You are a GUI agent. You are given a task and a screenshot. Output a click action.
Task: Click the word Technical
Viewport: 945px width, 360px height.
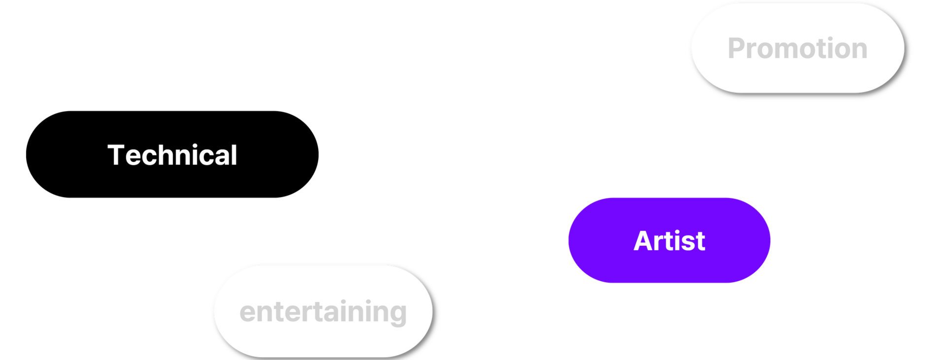[x=172, y=155]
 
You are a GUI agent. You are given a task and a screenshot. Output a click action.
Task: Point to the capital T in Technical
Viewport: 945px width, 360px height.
[x=117, y=155]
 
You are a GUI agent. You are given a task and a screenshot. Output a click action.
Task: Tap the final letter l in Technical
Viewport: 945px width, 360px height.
[x=234, y=155]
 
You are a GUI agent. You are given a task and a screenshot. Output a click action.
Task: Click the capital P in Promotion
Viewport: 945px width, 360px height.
[x=737, y=48]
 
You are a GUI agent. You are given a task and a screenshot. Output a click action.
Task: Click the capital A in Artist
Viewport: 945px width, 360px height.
[x=644, y=241]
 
